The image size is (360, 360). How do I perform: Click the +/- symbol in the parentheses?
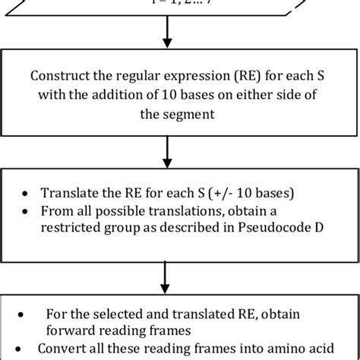click(x=204, y=192)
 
